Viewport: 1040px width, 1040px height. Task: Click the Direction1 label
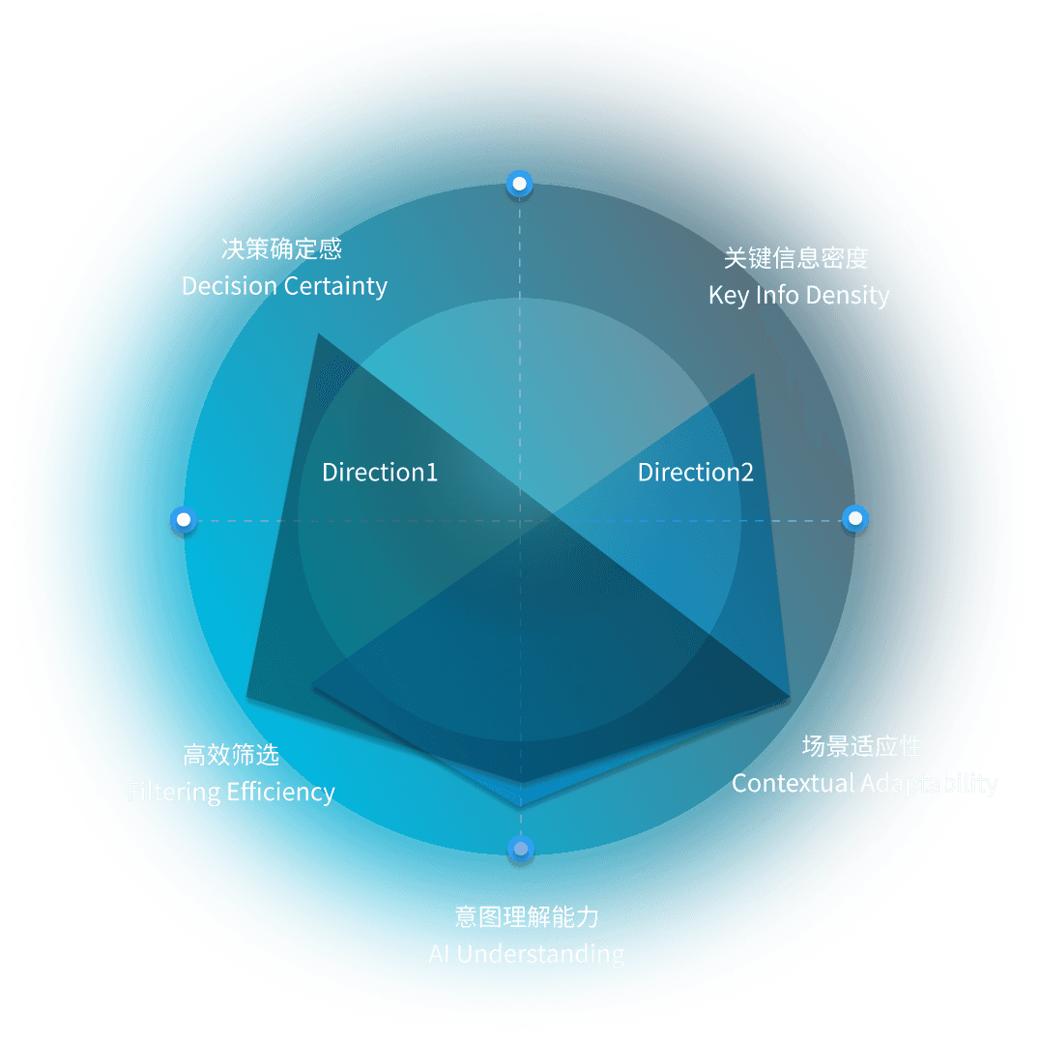click(x=380, y=473)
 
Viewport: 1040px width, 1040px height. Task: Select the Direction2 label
click(x=696, y=473)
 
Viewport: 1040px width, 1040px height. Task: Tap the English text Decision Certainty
click(x=284, y=286)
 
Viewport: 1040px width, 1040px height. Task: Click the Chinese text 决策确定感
click(x=281, y=249)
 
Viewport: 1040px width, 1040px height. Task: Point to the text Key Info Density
click(x=798, y=295)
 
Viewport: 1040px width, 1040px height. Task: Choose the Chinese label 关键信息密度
click(x=796, y=257)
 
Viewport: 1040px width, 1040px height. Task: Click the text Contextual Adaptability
click(x=864, y=783)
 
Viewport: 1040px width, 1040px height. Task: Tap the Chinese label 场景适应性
click(x=862, y=746)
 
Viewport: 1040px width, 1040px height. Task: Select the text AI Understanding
click(x=526, y=954)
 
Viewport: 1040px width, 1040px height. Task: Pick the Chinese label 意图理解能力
click(x=526, y=916)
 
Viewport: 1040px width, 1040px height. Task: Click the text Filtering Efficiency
click(x=231, y=793)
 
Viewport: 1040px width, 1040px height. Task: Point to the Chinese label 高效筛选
click(x=231, y=755)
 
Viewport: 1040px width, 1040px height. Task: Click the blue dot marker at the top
click(x=520, y=184)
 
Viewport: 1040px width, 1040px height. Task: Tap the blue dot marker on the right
click(x=855, y=519)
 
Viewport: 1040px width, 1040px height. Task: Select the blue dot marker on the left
click(x=183, y=520)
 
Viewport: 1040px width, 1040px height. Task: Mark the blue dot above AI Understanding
click(x=521, y=850)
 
